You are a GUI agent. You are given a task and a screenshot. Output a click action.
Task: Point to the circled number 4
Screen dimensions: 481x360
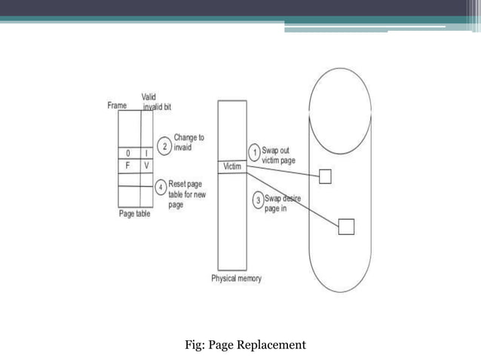(x=160, y=187)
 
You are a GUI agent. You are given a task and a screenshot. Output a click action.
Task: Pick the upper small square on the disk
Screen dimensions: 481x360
(x=325, y=177)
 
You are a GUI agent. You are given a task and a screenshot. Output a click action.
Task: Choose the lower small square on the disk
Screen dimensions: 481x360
(x=346, y=226)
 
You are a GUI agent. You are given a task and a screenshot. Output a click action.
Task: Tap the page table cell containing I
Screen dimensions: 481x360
(x=146, y=154)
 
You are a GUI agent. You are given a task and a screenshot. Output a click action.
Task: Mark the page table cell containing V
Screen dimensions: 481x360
(x=146, y=165)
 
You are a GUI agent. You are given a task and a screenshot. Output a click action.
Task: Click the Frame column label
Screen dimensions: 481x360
(x=116, y=106)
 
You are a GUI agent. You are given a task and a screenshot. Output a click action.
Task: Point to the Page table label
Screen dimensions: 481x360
(x=136, y=214)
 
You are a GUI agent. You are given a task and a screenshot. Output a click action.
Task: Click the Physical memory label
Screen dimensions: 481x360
(x=236, y=279)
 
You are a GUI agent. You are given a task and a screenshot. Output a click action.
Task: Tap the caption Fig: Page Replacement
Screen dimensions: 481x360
(x=245, y=346)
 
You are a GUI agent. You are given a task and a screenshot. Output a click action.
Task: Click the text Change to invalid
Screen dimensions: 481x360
(x=188, y=142)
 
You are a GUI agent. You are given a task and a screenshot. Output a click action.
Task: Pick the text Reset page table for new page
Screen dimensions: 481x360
(x=187, y=194)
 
